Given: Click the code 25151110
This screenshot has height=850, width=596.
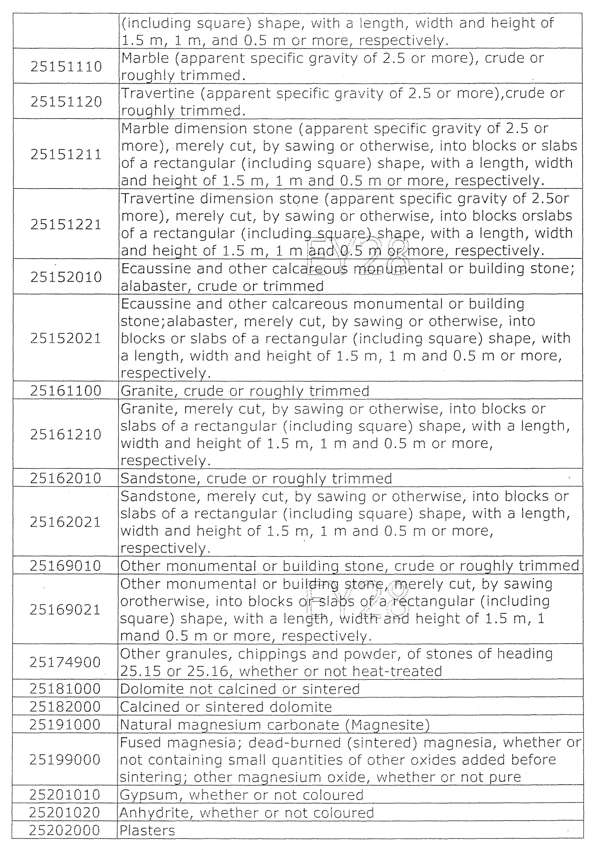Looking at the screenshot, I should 66,67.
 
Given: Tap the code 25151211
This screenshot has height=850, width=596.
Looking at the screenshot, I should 66,154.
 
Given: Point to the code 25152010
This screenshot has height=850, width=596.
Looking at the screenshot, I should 66,277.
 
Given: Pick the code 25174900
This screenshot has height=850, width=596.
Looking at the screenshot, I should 65,662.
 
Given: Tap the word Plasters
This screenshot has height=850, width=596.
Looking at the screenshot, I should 147,830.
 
